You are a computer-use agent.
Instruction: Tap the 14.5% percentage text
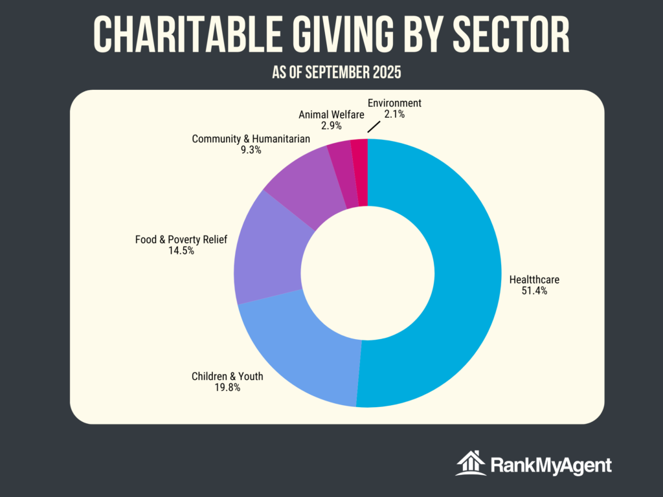[181, 251]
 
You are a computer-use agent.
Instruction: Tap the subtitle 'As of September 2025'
[336, 72]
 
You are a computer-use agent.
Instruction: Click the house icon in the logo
[471, 463]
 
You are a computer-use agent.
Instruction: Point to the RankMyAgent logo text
[551, 465]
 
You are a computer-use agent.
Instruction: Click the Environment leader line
[374, 126]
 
